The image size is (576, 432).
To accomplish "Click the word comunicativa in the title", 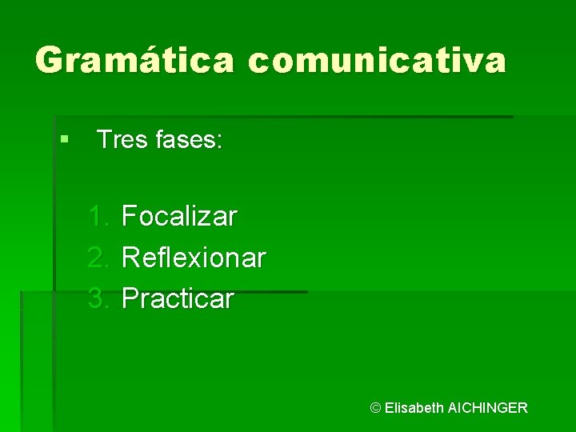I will (377, 60).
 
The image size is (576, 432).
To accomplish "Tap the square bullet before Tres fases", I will (63, 140).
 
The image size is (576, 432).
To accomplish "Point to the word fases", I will (187, 140).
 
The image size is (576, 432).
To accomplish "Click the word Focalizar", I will (179, 216).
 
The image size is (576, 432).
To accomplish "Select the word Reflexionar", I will (194, 258).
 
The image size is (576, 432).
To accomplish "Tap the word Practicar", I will (178, 299).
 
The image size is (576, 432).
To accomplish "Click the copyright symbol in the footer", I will (375, 408).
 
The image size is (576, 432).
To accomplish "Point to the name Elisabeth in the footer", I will (414, 408).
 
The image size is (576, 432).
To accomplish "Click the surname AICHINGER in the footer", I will (488, 408).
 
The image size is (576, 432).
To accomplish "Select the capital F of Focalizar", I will (129, 216).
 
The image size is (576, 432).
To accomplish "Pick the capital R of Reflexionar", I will (130, 258).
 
